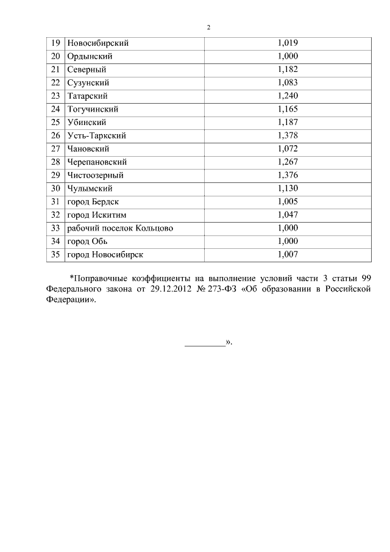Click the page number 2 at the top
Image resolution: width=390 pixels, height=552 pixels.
[208, 27]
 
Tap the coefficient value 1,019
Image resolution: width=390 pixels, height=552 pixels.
[287, 43]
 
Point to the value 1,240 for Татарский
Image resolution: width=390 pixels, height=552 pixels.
[287, 96]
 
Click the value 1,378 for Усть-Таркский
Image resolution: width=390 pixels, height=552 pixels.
[287, 135]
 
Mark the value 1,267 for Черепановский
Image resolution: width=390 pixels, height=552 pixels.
[287, 162]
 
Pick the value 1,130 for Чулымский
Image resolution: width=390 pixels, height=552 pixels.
[287, 188]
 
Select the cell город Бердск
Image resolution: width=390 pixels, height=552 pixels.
[93, 202]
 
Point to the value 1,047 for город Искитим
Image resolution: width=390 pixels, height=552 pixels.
[287, 215]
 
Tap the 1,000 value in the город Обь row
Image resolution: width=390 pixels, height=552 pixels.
[287, 242]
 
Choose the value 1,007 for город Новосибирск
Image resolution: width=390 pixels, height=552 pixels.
[287, 254]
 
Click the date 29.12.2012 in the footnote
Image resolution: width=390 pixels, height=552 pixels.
[171, 290]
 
